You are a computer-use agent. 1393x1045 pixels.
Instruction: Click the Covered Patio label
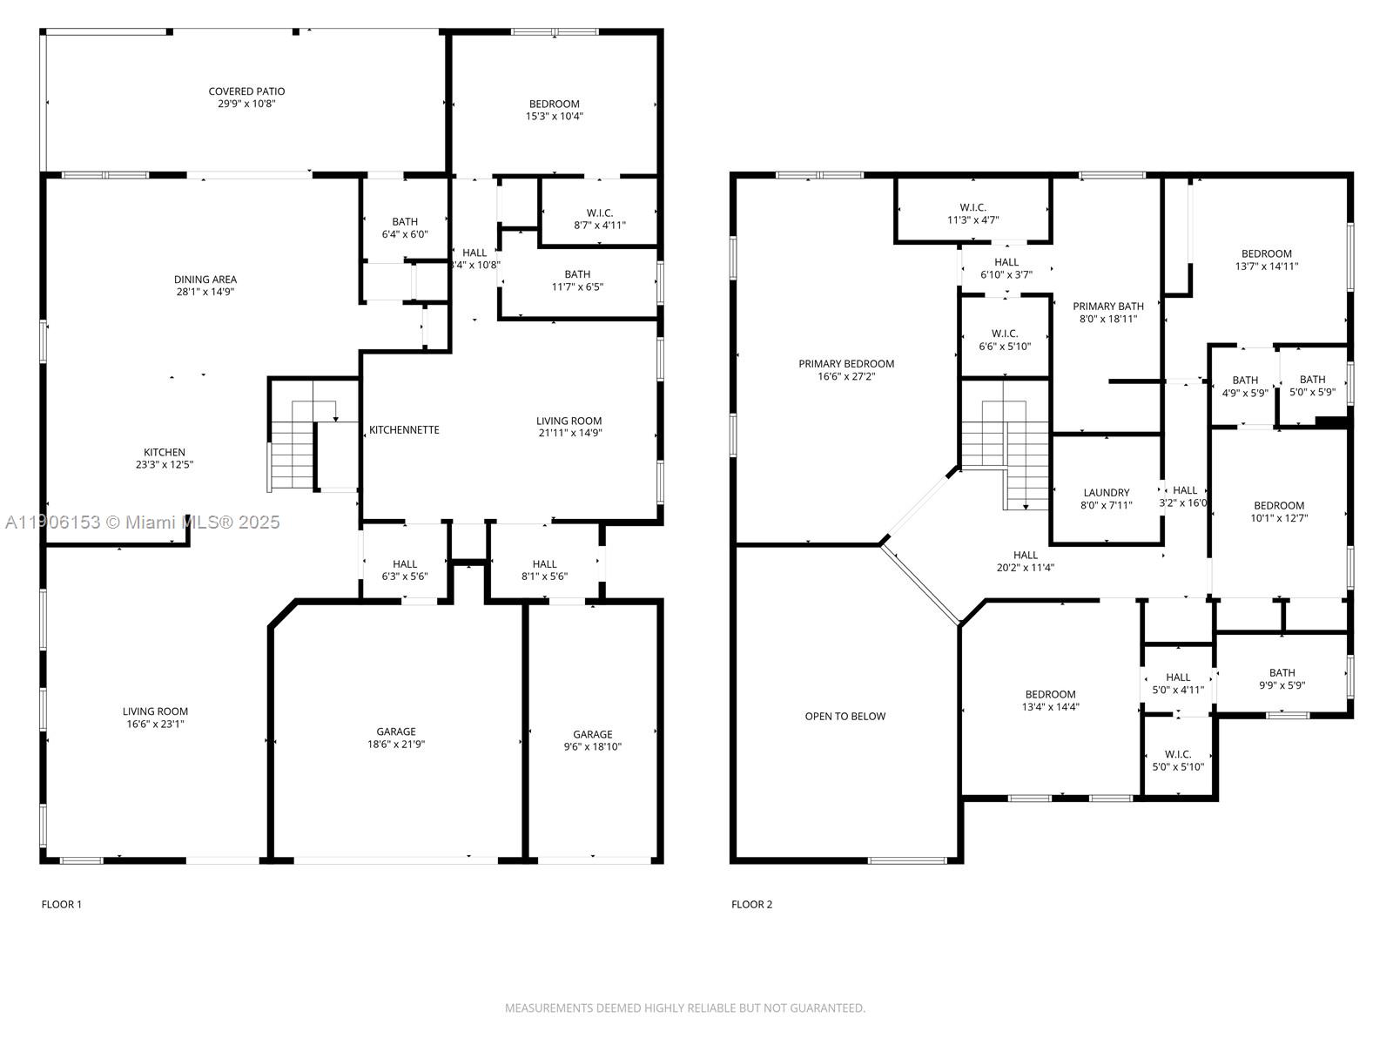(246, 91)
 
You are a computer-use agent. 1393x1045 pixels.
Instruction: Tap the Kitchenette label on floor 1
(404, 430)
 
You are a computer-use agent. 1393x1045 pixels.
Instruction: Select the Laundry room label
(1106, 493)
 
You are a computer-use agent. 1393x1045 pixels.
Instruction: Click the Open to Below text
(845, 717)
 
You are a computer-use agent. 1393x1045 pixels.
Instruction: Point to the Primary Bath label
(1107, 307)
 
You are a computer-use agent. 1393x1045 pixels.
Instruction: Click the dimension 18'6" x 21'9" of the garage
(395, 745)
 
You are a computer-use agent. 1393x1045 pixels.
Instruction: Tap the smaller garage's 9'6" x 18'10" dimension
(592, 747)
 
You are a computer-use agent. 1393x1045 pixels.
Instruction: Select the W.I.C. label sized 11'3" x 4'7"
(972, 207)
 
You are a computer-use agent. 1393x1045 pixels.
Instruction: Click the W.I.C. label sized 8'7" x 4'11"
(599, 212)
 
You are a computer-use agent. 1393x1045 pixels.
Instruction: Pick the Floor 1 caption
(61, 905)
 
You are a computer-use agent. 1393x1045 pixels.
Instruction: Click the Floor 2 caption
(751, 905)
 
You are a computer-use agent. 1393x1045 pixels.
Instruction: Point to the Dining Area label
(205, 280)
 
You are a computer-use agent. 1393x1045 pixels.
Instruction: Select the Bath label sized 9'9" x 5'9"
(1282, 673)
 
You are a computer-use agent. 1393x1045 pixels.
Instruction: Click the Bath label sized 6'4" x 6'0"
(404, 222)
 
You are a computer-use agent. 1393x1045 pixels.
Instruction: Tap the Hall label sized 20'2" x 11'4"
(1025, 556)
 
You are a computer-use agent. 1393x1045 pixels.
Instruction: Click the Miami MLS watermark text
(143, 522)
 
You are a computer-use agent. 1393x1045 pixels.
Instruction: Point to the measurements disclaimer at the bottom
(684, 1008)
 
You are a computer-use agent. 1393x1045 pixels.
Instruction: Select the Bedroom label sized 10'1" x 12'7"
(1278, 506)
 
